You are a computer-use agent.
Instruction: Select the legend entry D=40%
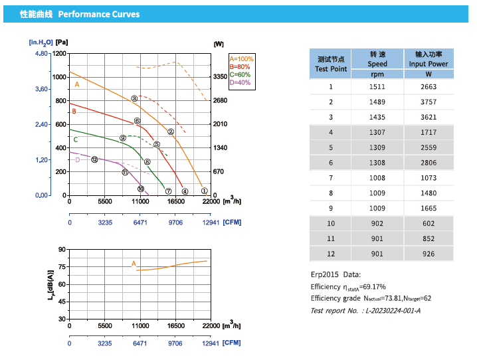click(x=240, y=82)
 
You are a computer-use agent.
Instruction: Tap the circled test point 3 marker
click(x=134, y=99)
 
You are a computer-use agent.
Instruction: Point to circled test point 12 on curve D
click(x=94, y=159)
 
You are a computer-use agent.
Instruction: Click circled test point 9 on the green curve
click(x=123, y=138)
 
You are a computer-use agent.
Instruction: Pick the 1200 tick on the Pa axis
click(x=59, y=53)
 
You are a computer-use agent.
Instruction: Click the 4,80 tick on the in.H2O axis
click(x=41, y=53)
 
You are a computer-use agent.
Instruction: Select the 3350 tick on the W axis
click(x=220, y=77)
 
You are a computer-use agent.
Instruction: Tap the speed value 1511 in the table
click(x=377, y=86)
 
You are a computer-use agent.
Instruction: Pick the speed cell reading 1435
click(x=377, y=117)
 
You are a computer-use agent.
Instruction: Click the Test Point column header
click(x=331, y=64)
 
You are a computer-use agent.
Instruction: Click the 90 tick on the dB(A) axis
click(x=62, y=249)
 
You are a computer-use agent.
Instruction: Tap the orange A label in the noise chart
click(x=134, y=264)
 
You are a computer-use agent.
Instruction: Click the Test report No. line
click(x=365, y=310)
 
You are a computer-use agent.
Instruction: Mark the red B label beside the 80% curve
click(x=74, y=111)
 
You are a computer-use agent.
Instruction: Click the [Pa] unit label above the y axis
click(x=62, y=43)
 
